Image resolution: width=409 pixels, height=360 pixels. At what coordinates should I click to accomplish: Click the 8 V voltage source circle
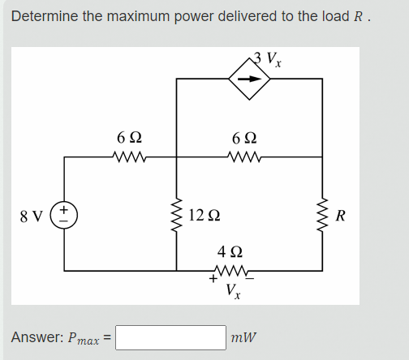(64, 216)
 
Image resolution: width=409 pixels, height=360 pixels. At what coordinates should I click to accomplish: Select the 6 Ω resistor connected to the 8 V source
(131, 158)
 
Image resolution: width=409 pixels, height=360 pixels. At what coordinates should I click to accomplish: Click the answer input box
(171, 336)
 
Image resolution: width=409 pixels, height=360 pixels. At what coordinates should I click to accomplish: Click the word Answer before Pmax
(38, 336)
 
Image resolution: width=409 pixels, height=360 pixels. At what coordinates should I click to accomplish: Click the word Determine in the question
(44, 16)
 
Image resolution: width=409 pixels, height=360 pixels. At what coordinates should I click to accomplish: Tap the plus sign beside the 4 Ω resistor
(213, 279)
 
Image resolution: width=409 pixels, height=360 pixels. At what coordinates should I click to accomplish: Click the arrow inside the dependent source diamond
(251, 79)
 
